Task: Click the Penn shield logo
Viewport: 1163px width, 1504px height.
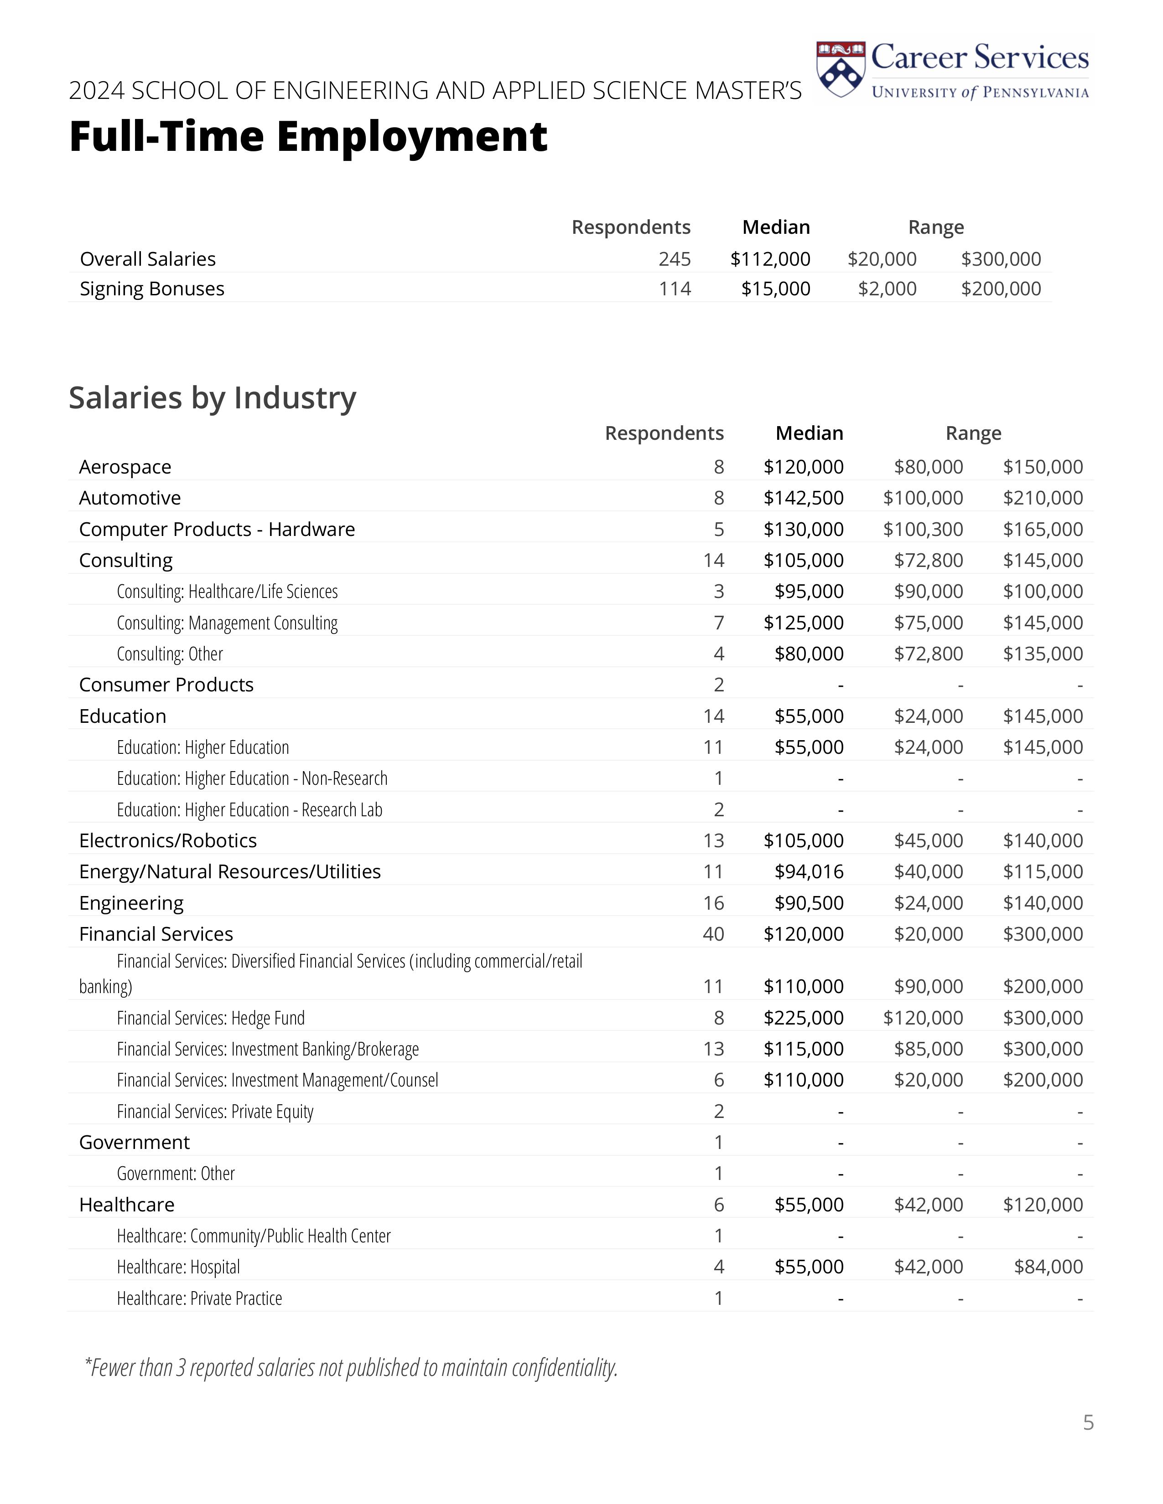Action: click(x=840, y=70)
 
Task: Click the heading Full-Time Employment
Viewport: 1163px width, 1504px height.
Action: click(x=308, y=136)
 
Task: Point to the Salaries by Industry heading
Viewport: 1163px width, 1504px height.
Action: click(x=212, y=398)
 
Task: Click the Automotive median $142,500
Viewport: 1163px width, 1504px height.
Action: click(x=803, y=498)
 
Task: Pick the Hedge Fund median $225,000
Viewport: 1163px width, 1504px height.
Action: click(x=803, y=1018)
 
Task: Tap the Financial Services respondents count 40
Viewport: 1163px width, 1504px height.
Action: click(x=713, y=934)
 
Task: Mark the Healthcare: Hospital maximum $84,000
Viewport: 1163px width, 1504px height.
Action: click(x=1048, y=1267)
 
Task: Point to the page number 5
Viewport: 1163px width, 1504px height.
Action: click(x=1088, y=1423)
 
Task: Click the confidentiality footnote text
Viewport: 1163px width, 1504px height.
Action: click(x=351, y=1368)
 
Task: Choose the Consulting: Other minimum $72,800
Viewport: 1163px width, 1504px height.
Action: click(x=928, y=654)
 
